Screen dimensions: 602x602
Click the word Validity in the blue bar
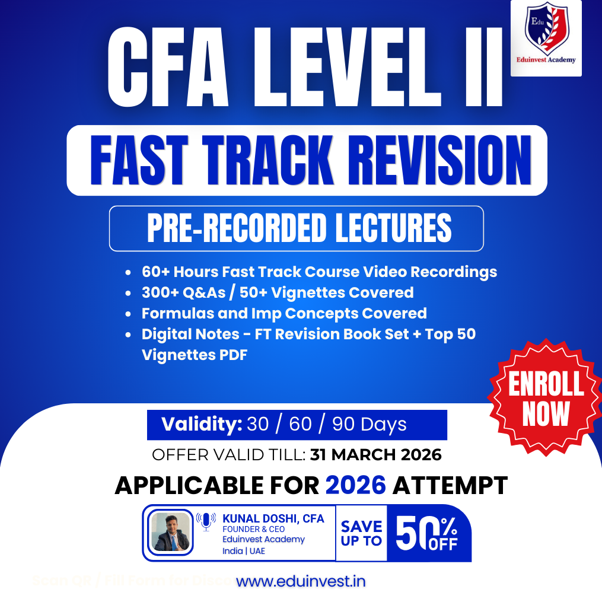202,424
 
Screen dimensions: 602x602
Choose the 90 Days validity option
369,424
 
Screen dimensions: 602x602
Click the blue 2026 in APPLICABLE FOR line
356,485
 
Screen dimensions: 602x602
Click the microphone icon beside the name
206,521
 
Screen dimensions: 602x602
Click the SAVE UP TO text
361,533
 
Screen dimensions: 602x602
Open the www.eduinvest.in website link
301,581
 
